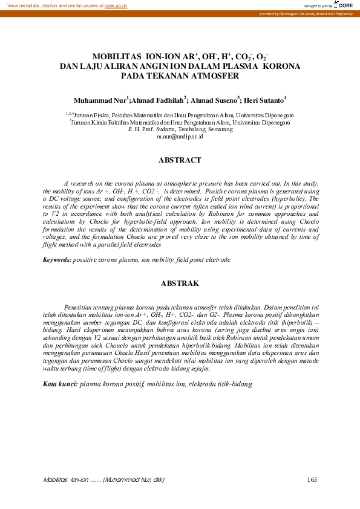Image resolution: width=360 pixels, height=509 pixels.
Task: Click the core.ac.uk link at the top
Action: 117,5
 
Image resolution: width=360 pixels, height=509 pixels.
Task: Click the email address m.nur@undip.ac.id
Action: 179,137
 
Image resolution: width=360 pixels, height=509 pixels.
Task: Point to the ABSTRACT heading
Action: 179,160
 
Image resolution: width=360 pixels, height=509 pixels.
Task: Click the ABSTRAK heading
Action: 179,283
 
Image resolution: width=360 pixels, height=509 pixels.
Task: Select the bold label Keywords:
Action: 57,259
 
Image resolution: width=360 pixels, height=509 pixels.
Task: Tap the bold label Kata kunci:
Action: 60,384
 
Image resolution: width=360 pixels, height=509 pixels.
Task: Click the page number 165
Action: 313,480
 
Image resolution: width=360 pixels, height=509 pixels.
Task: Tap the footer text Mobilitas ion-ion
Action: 67,480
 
